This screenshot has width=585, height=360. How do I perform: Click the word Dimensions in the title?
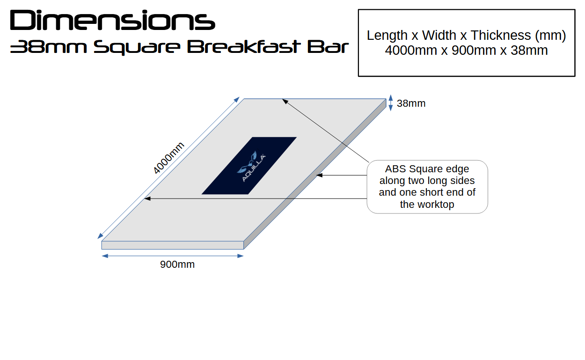pos(113,20)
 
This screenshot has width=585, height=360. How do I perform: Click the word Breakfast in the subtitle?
pos(242,47)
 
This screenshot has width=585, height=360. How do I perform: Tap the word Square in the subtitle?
pos(137,48)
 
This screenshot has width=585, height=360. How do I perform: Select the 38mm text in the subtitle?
pos(48,47)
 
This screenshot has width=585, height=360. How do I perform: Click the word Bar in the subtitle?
pos(328,47)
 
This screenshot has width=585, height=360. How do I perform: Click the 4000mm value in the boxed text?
pos(411,50)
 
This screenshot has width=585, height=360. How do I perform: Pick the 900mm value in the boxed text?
pos(474,50)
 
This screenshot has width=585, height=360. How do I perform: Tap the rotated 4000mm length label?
pos(168,158)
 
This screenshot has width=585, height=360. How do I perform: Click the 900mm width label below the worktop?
pos(177,264)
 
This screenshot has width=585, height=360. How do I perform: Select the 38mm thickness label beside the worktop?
pos(411,103)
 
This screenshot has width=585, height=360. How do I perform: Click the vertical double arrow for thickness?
pos(391,103)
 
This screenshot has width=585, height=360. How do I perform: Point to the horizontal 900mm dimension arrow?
pos(173,256)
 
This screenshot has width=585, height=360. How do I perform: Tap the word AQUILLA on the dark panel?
pos(254,168)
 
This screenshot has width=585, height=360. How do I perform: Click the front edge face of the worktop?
pos(173,245)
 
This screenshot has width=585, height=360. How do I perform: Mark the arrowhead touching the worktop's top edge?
pos(285,101)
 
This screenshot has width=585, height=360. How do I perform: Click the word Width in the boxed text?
pos(439,35)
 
